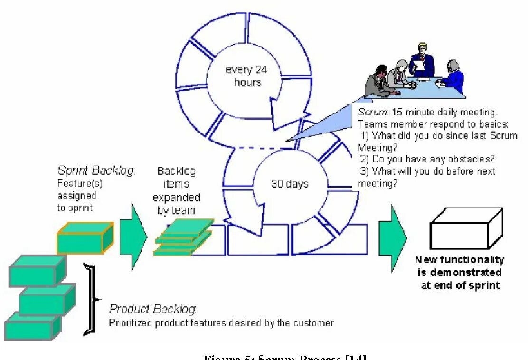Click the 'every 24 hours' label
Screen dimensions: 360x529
pos(246,76)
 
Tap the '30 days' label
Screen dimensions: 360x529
pos(290,184)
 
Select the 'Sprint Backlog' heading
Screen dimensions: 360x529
pos(96,171)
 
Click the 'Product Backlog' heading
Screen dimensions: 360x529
pos(153,310)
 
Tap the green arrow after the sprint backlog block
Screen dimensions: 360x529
pos(132,237)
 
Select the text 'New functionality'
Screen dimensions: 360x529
pos(459,260)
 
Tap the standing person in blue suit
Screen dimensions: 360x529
pos(422,61)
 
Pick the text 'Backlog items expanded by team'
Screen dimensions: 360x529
pos(176,190)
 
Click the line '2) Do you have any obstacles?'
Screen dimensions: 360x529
pos(427,159)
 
